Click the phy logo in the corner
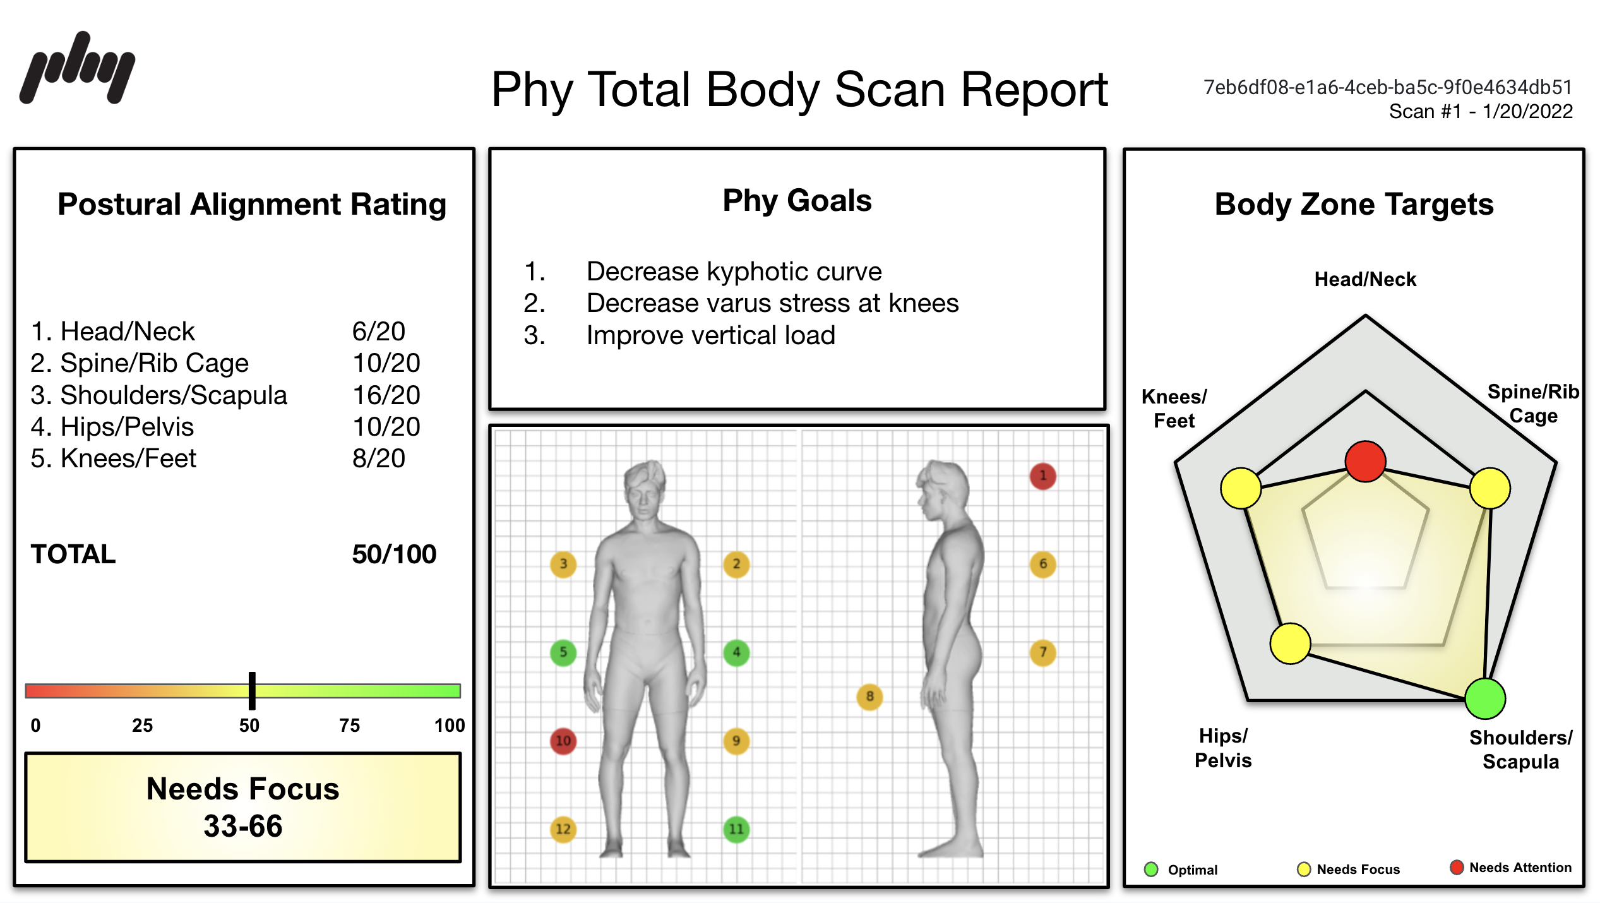point(77,68)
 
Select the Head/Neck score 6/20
point(378,332)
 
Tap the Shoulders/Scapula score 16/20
point(386,395)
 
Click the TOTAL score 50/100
point(393,554)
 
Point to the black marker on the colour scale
point(252,690)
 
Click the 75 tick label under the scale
point(349,726)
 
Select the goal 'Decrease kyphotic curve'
point(734,272)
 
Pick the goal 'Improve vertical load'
point(710,335)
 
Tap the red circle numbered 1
point(1042,476)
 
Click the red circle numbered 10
point(563,740)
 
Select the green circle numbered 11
point(736,828)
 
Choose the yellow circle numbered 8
point(869,697)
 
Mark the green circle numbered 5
point(563,652)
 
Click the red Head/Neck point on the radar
point(1365,462)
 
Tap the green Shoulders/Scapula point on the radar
point(1484,698)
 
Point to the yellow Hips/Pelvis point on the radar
point(1290,643)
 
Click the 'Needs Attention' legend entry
point(1511,868)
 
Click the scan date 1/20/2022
point(1527,112)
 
